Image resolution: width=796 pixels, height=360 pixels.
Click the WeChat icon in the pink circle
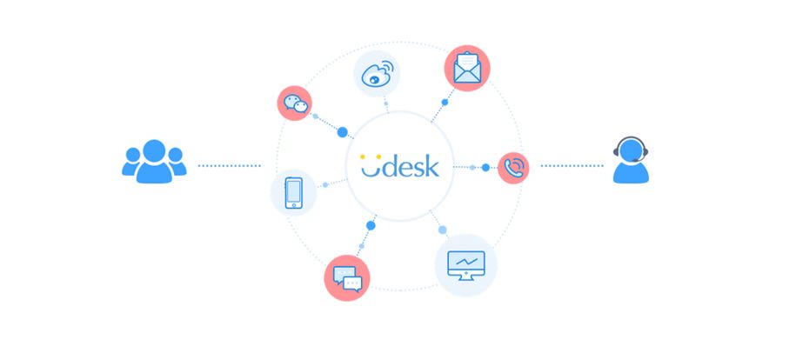297,104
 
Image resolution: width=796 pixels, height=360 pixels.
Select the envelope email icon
466,68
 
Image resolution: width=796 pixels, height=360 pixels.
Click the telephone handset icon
513,167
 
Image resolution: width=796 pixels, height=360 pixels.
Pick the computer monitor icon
465,263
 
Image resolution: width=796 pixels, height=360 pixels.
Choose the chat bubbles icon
347,277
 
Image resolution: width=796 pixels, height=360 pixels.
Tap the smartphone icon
293,192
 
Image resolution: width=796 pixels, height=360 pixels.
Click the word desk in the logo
413,164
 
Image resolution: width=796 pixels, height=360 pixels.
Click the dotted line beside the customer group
229,164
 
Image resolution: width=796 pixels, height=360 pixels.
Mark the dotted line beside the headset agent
572,164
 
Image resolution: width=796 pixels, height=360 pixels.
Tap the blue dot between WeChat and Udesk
342,132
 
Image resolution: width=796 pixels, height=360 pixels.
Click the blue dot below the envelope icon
445,102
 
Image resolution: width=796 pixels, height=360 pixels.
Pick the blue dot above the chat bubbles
371,225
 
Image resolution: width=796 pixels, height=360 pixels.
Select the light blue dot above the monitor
442,230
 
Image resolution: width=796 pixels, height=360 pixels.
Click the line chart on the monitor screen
465,260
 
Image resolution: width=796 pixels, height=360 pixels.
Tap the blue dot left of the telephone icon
485,166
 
